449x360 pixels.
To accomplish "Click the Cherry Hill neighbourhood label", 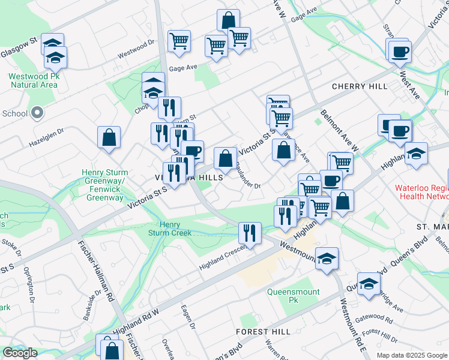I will tap(360, 86).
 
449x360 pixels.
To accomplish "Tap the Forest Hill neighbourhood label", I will tap(264, 331).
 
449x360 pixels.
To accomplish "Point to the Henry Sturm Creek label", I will tap(170, 228).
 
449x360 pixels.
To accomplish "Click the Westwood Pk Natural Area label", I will tap(33, 80).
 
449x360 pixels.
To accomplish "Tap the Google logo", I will tap(20, 353).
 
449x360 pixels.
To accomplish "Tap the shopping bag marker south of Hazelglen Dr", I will tap(109, 137).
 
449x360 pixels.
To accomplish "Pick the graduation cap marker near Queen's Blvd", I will tap(369, 283).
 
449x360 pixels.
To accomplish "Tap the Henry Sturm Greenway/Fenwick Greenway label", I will tap(104, 185).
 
